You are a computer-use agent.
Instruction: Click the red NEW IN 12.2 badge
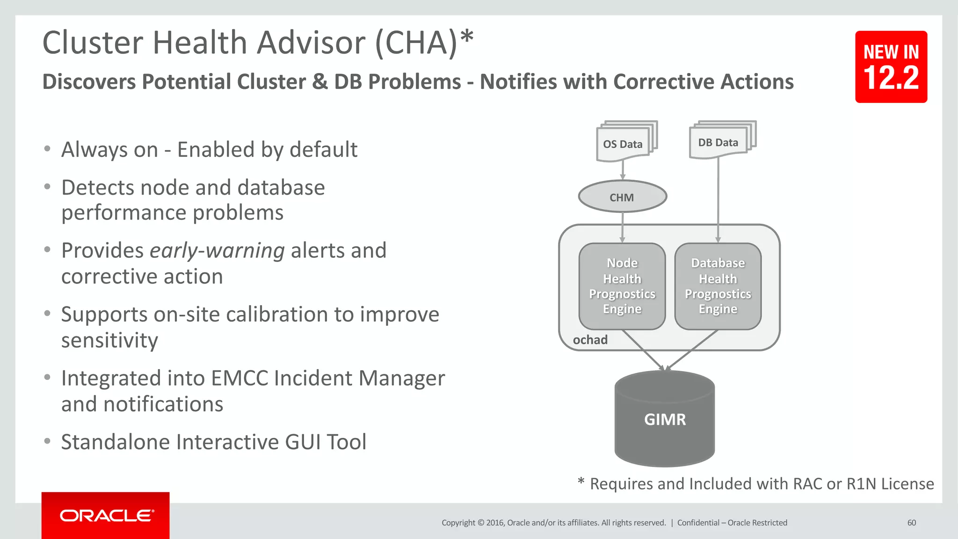coord(891,67)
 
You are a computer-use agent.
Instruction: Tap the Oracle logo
coord(106,516)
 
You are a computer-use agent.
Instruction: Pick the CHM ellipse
coord(622,197)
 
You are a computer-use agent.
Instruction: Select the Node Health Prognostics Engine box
coord(622,286)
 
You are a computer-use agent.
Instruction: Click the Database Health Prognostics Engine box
coord(718,286)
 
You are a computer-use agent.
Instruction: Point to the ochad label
coord(590,340)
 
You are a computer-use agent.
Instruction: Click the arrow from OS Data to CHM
coord(623,170)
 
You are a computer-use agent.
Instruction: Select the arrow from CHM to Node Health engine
coord(623,227)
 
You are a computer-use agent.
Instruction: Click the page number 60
coord(911,523)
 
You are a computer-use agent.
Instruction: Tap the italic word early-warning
coord(217,251)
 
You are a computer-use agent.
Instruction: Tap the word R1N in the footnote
coord(861,484)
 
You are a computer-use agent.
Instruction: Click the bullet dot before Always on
coord(47,149)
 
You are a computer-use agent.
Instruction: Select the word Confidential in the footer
coord(698,523)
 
